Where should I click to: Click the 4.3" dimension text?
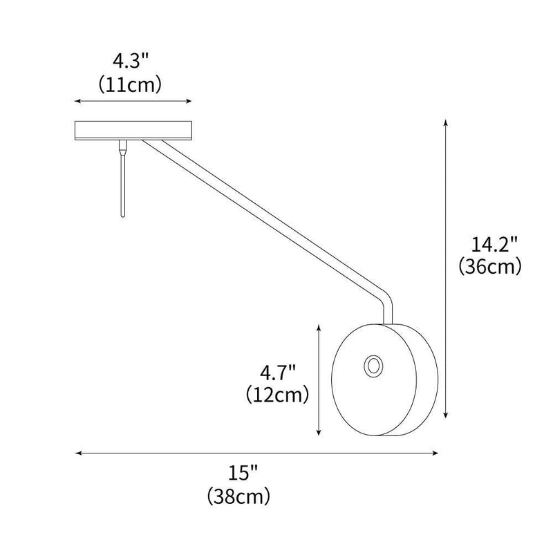pos(131,61)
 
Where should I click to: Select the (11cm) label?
pos(131,84)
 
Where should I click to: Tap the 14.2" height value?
pos(489,244)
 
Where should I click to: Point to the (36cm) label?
pos(489,268)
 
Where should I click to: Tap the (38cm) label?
pos(238,496)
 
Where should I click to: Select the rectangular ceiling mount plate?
pos(133,130)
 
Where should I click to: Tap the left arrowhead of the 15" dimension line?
pos(77,453)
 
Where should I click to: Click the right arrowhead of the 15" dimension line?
pos(436,453)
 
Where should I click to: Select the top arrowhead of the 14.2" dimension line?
pos(447,122)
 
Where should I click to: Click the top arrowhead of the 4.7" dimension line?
pos(319,326)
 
